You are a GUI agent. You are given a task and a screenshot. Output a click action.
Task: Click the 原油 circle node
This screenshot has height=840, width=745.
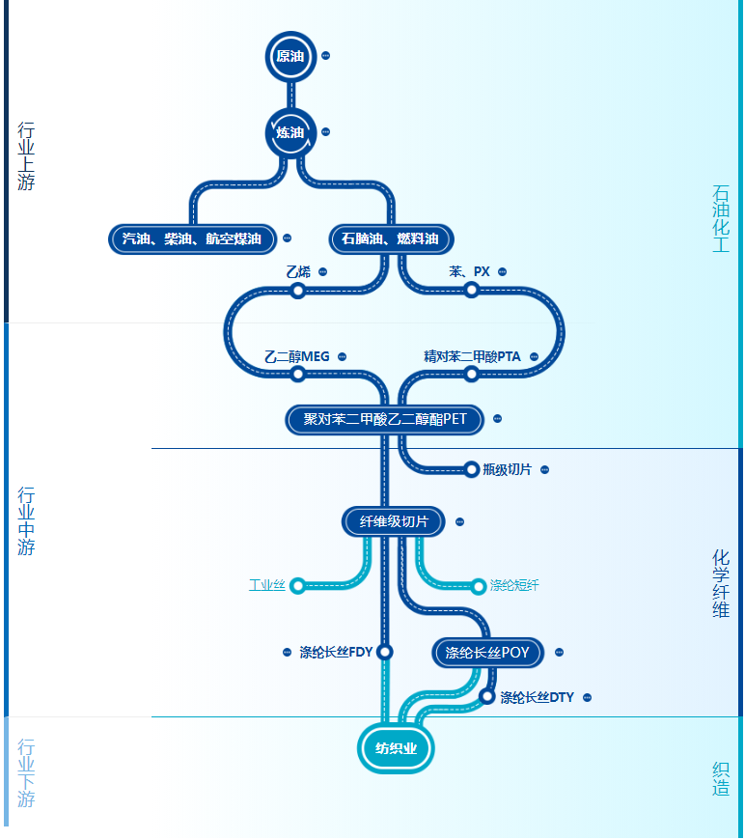tap(290, 56)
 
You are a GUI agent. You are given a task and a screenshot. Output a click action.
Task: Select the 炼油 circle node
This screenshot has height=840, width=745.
tap(290, 132)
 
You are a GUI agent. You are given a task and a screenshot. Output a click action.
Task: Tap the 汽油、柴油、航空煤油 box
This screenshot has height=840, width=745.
tap(192, 238)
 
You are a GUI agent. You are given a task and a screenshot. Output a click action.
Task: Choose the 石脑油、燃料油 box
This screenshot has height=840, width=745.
tap(390, 238)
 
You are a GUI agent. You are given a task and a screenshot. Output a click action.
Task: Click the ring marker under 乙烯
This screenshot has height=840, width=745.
tap(298, 291)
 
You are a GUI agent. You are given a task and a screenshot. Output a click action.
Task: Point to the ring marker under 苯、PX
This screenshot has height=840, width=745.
tap(472, 291)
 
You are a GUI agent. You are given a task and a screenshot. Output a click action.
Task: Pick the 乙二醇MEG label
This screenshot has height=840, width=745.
tap(297, 356)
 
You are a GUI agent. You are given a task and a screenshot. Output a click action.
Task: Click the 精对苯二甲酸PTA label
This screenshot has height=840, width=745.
tap(472, 356)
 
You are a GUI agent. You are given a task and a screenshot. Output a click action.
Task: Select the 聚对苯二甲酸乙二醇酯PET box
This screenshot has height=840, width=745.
tap(384, 419)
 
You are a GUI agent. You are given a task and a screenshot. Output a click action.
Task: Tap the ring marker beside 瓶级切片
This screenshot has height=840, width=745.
tap(472, 469)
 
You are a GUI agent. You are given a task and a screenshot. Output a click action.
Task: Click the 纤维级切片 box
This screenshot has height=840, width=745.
tap(394, 521)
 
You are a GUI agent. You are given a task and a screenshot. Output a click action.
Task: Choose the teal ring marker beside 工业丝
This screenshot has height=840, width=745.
tap(297, 585)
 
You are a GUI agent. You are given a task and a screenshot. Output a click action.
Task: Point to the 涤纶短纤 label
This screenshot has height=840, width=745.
tap(514, 585)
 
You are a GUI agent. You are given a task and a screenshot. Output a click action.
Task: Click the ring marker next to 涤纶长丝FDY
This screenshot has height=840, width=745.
tap(385, 652)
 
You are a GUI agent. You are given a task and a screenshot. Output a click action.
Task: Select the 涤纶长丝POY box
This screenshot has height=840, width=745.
tap(487, 653)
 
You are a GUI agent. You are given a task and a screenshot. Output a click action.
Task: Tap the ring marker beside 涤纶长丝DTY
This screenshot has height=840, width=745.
tap(487, 696)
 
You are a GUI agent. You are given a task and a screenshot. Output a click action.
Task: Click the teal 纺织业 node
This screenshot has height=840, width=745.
tap(396, 748)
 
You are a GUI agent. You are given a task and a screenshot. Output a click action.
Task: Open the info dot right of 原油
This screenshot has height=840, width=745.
tap(325, 56)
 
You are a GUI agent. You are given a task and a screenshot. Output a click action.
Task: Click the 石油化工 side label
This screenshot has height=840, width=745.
tap(721, 219)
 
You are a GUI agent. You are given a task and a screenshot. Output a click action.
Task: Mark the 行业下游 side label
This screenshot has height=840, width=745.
tap(26, 772)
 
